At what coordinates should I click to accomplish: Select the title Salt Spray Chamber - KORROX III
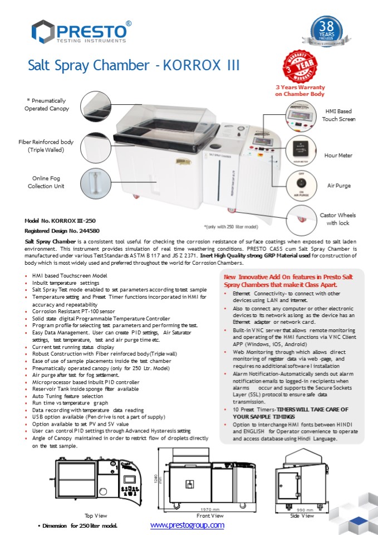134,65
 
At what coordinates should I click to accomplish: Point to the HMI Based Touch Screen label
339,115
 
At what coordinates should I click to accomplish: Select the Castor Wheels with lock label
338,219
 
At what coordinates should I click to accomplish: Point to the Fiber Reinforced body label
46,146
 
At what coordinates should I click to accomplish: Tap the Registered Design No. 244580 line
62,230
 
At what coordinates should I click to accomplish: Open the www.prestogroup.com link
187,525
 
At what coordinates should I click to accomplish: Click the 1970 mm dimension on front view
209,510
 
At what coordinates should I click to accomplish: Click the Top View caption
96,516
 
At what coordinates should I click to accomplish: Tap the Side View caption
303,516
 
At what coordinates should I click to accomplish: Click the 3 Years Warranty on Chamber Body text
300,91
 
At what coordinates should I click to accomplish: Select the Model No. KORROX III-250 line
60,221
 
